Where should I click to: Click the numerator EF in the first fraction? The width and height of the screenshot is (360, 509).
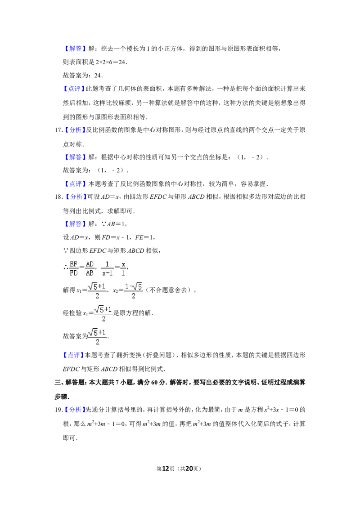click(x=74, y=264)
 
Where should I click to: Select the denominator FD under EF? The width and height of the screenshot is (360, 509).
click(x=74, y=272)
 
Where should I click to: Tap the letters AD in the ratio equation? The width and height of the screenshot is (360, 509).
click(x=90, y=264)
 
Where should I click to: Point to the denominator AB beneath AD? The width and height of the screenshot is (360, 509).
click(x=90, y=272)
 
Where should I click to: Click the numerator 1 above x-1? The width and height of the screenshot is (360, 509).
click(x=107, y=264)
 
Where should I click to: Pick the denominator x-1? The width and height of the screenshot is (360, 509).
click(x=107, y=272)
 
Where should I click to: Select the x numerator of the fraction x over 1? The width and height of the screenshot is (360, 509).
click(x=123, y=264)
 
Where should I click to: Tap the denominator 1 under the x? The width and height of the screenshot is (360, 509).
click(x=123, y=272)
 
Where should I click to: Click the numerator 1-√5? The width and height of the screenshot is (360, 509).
click(x=133, y=286)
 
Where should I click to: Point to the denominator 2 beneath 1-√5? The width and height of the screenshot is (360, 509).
click(x=133, y=296)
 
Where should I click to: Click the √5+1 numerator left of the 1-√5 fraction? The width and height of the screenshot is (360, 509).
click(x=97, y=286)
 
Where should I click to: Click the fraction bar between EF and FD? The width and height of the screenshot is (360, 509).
click(x=74, y=268)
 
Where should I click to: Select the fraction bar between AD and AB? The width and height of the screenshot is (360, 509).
click(x=90, y=268)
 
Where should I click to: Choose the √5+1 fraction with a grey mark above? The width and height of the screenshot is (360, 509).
click(x=104, y=313)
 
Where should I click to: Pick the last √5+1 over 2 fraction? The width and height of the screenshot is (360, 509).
click(x=97, y=337)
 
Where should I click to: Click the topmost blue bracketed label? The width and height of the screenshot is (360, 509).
click(x=75, y=49)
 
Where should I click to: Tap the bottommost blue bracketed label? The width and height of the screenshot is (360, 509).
click(x=75, y=410)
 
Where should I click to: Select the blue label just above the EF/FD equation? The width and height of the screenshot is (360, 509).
click(x=75, y=224)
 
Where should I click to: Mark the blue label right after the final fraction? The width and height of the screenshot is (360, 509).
click(x=73, y=355)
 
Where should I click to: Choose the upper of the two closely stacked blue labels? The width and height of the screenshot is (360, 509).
click(x=75, y=183)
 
